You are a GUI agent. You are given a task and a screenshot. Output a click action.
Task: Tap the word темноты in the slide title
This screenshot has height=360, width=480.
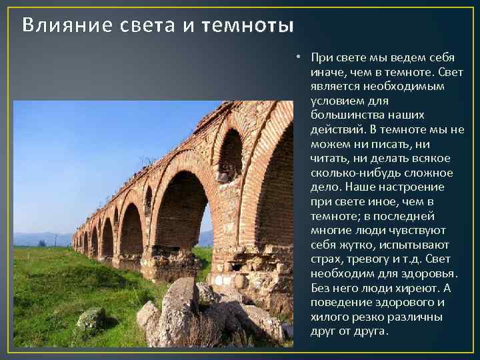tap(253, 26)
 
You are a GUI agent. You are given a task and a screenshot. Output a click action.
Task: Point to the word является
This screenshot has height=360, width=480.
tap(333, 87)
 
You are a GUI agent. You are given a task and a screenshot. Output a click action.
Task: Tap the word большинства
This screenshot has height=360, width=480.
tap(345, 115)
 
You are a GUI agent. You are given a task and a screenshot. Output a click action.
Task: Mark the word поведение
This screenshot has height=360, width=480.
tap(337, 302)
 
